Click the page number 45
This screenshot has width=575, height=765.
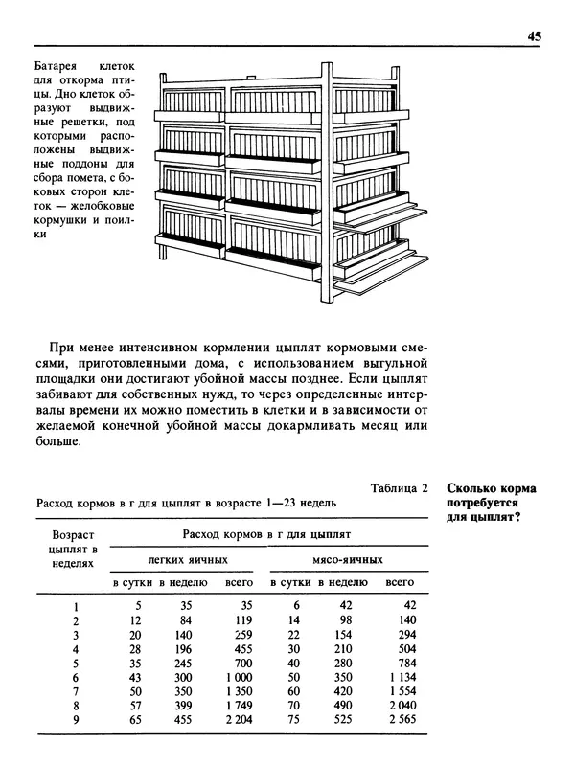pos(535,36)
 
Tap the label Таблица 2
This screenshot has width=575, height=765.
pos(399,488)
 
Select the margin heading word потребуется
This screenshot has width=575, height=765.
pos(484,503)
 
